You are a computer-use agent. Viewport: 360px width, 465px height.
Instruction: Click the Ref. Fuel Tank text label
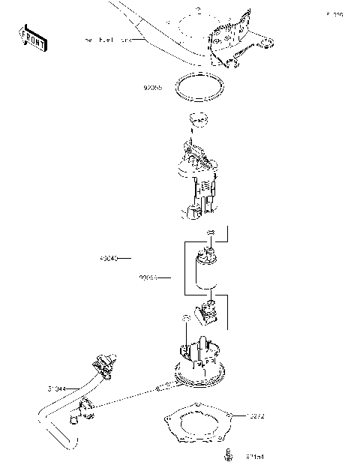click(109, 39)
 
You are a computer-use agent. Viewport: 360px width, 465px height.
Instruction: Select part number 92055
click(153, 88)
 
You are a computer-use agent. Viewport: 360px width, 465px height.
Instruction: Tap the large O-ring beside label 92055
click(199, 88)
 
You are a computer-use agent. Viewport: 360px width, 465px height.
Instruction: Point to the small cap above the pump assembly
click(197, 118)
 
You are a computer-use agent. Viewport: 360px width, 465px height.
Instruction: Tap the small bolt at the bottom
click(226, 454)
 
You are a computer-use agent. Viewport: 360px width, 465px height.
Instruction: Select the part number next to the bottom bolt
click(256, 455)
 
